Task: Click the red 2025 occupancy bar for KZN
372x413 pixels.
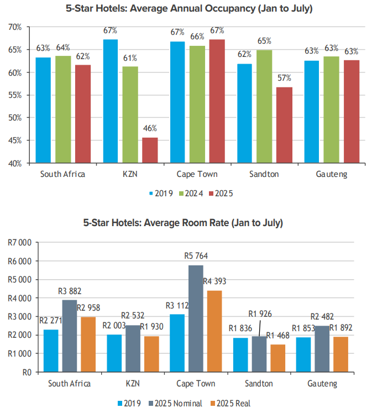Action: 150,150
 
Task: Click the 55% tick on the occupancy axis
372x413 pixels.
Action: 15,95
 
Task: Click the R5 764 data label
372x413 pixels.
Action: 196,256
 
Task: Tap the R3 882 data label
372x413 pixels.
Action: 70,290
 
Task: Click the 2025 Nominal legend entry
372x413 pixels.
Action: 177,403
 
